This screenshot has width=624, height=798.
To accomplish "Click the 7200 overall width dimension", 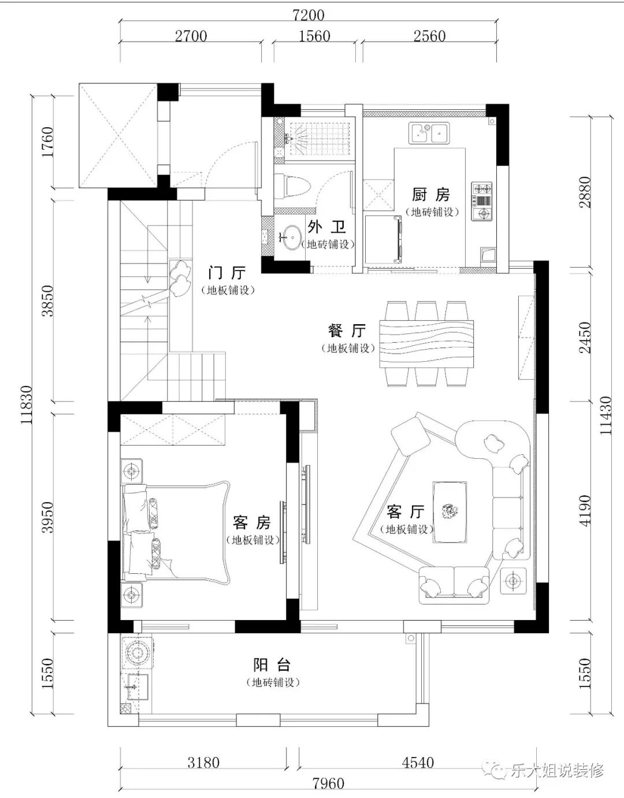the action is (x=309, y=15).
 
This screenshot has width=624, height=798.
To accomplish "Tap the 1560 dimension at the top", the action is (x=314, y=36).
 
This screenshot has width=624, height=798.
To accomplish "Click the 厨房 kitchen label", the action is (x=430, y=195).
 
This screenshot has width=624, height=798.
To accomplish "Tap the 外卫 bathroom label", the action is (x=326, y=227).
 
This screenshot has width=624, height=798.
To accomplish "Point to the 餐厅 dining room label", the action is (x=347, y=331).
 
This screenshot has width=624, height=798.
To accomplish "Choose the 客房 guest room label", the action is (x=252, y=522).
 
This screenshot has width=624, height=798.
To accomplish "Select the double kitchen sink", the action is (x=428, y=133).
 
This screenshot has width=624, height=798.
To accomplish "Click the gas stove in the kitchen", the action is (x=482, y=201).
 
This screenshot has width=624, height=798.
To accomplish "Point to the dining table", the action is (x=426, y=343).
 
